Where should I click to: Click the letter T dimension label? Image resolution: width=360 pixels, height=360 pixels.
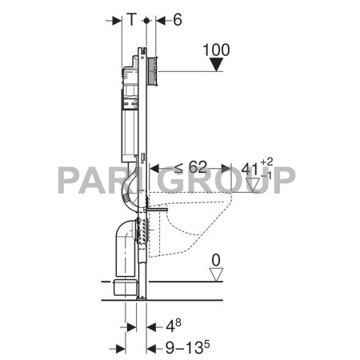point(130,22)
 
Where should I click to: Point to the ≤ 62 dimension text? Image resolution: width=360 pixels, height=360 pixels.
point(189,168)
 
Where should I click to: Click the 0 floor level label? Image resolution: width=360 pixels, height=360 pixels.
point(214,260)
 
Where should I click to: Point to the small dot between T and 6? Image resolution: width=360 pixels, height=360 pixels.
point(145,22)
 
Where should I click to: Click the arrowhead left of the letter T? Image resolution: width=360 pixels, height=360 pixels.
point(113,22)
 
